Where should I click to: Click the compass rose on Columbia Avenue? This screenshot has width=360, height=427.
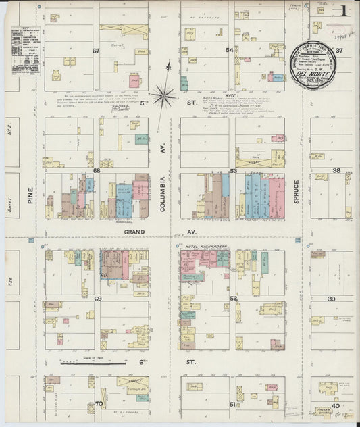click(163, 95)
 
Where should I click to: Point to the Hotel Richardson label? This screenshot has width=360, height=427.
click(205, 247)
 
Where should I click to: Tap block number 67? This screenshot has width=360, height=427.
click(96, 51)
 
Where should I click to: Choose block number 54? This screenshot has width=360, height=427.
click(230, 51)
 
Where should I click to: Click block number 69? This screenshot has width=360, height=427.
click(97, 298)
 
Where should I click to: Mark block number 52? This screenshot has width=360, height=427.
click(233, 298)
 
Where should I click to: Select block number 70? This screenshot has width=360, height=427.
click(98, 404)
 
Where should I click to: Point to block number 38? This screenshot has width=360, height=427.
click(336, 171)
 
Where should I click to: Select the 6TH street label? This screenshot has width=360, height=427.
click(143, 362)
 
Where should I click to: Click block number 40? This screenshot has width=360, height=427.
click(335, 405)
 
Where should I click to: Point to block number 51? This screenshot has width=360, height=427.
click(233, 404)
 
